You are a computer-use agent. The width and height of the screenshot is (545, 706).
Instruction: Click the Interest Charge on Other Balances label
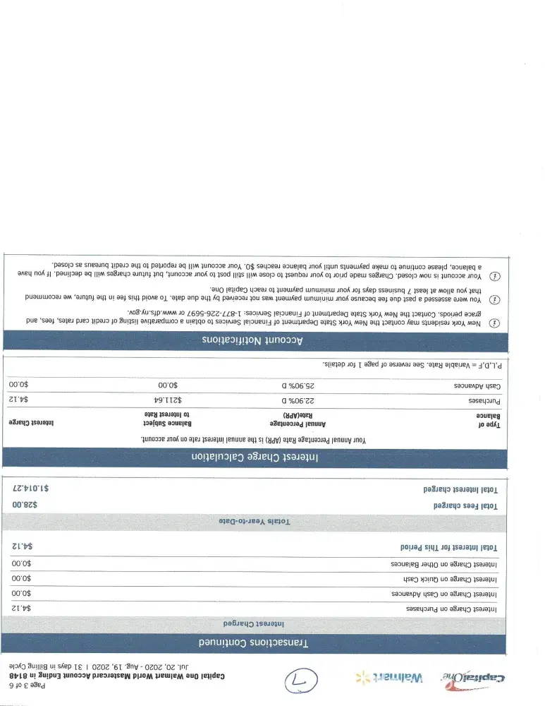coord(444,564)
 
